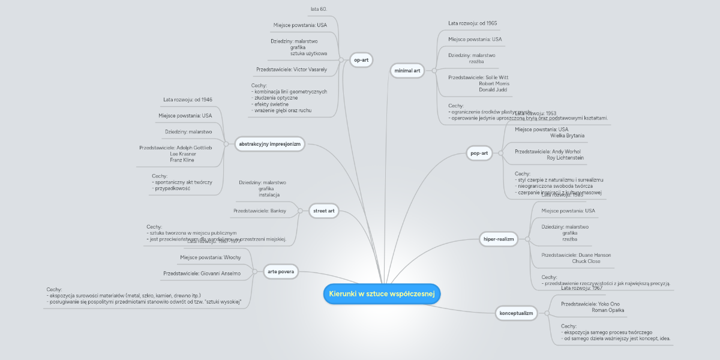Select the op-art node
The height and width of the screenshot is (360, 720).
pos(361,59)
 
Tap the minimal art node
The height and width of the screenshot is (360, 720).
pos(407,71)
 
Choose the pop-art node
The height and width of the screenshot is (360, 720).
pos(479,154)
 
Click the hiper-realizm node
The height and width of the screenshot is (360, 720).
pos(499,239)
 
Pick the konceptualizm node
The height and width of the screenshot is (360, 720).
pos(516,313)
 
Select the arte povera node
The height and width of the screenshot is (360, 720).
pos(281,271)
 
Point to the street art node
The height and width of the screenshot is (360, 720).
pos(324,211)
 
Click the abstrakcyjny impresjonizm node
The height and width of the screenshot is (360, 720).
pos(269,144)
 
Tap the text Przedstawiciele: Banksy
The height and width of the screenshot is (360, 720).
pos(260,211)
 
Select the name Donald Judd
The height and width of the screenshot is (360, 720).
pos(493,89)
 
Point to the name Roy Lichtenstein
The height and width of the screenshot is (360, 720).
pos(565,158)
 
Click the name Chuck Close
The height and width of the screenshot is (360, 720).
pos(586,261)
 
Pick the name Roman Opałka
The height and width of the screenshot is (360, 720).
pos(608,310)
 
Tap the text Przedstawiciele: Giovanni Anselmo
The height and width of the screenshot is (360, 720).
pos(202,273)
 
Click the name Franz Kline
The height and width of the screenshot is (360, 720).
pos(182,160)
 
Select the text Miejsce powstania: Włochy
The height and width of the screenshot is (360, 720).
pos(210,257)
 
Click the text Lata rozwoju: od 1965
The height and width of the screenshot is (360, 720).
pos(472,23)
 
